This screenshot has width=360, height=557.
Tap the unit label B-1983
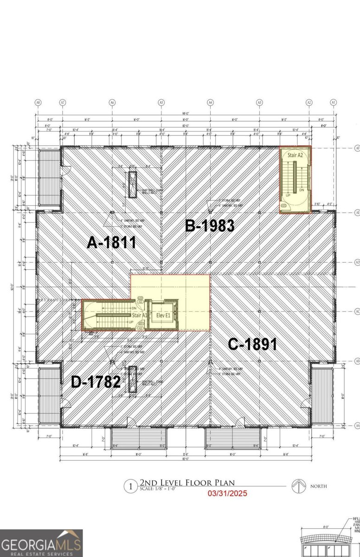[209, 226]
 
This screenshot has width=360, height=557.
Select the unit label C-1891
[252, 344]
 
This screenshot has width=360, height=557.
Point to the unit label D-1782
[96, 382]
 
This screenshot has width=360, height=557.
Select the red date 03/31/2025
[227, 493]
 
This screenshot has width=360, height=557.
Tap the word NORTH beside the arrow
[319, 486]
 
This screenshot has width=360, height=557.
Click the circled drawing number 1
[131, 486]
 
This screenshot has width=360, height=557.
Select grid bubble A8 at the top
[38, 102]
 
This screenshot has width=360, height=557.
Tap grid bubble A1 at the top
[333, 102]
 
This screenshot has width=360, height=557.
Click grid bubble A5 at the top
[161, 102]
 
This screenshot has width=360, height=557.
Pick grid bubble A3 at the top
[260, 102]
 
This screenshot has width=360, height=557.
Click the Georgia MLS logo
[41, 543]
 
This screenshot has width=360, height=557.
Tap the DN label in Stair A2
[302, 190]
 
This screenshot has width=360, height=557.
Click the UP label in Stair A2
[288, 196]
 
